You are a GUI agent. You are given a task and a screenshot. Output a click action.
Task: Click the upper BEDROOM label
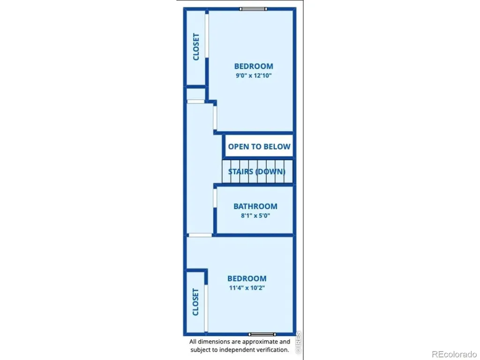(254, 66)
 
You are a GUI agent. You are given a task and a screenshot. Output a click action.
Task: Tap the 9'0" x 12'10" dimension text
(254, 75)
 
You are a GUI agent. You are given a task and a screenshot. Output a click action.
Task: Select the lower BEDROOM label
(247, 278)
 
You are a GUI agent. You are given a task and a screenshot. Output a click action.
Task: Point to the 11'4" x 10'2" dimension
(247, 288)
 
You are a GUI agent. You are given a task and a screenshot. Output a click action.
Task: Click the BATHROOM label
(255, 206)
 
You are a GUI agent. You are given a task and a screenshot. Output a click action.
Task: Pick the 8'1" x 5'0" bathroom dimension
(255, 216)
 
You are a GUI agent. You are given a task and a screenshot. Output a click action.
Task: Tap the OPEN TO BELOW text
(259, 147)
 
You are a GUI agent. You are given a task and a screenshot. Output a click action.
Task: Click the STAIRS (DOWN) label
(257, 172)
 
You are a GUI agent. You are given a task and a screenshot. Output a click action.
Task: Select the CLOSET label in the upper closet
(196, 47)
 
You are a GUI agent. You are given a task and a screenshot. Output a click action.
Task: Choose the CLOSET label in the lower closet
(195, 302)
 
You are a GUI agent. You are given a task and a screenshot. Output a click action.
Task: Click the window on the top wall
(253, 9)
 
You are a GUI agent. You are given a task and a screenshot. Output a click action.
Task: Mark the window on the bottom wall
(262, 334)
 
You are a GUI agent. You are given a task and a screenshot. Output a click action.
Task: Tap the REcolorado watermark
(454, 354)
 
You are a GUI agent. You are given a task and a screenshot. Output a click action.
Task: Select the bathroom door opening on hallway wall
(215, 198)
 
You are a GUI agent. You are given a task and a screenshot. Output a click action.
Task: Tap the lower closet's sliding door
(206, 308)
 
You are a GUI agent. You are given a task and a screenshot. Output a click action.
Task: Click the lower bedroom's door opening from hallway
(200, 235)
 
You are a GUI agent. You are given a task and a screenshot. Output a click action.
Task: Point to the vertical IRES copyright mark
(299, 343)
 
